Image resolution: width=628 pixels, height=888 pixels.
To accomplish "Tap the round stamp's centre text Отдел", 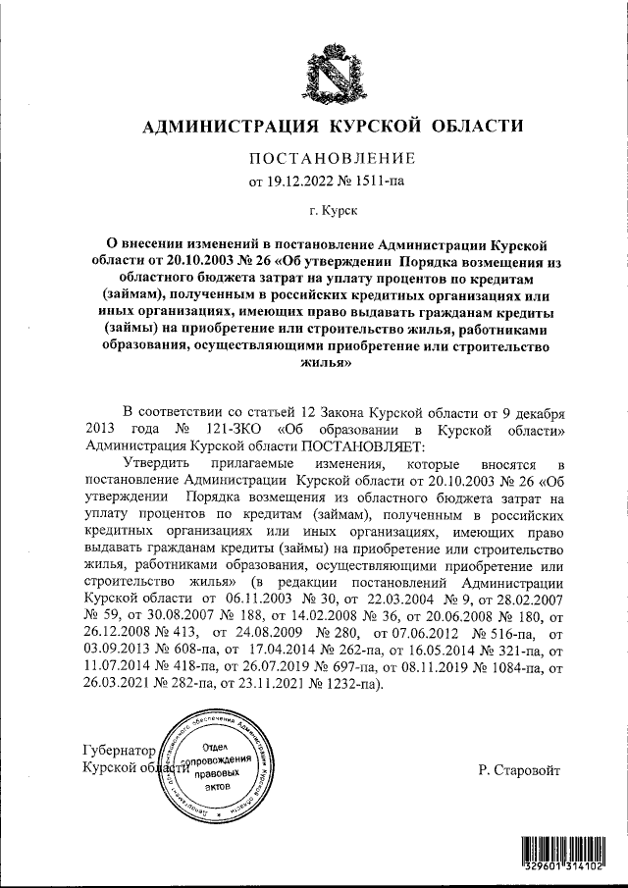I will point(218,748).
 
